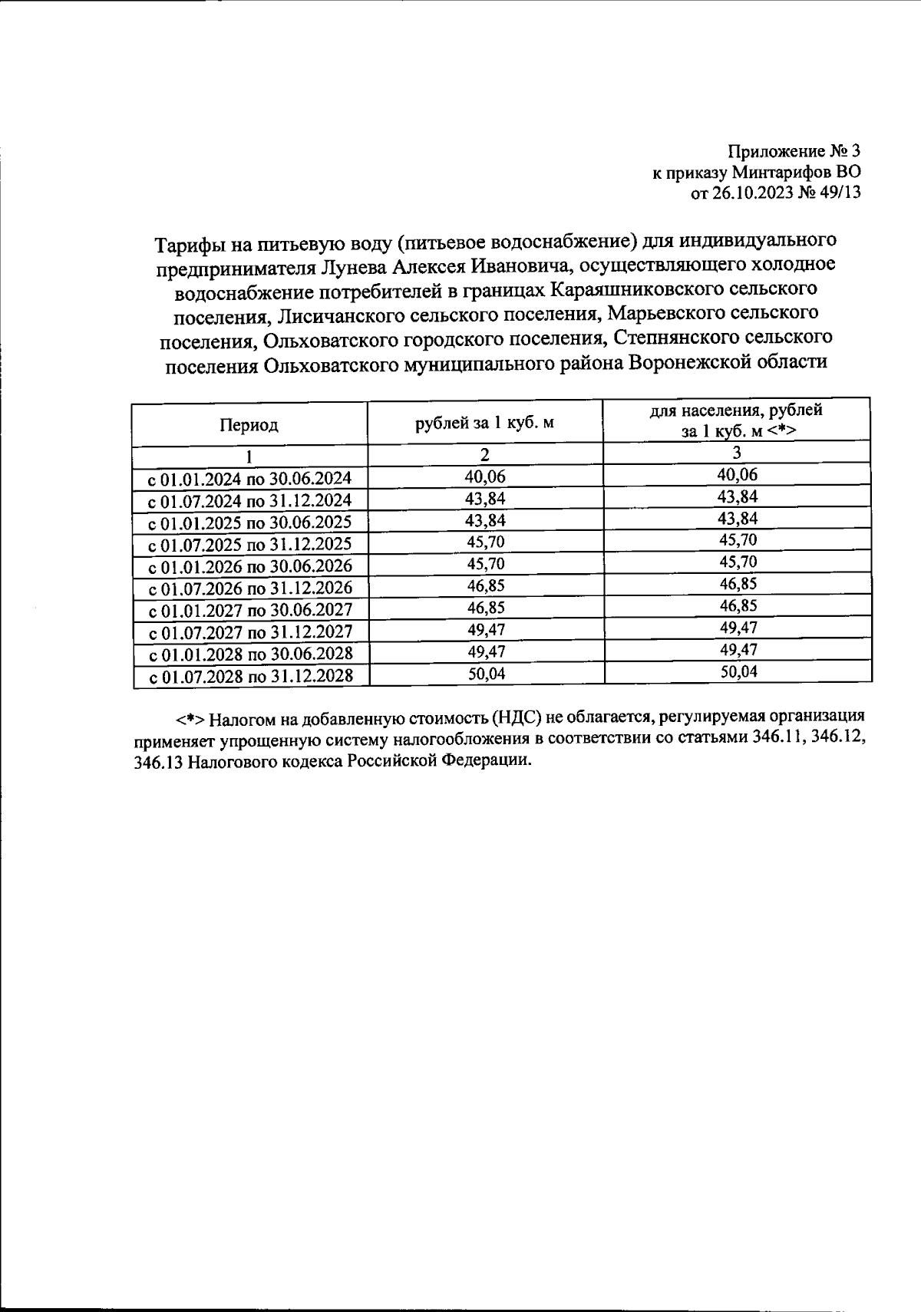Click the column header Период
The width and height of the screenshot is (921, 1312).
tap(249, 424)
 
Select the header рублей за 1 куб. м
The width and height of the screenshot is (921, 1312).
tap(484, 423)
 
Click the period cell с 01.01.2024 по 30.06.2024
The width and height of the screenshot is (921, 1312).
tap(249, 479)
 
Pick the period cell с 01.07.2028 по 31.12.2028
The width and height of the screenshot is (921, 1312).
tap(250, 677)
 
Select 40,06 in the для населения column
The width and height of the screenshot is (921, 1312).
tap(737, 475)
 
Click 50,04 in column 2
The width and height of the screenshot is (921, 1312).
tap(485, 674)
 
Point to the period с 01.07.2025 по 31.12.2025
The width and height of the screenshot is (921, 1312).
tap(249, 545)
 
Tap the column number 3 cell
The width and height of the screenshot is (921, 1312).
tap(737, 453)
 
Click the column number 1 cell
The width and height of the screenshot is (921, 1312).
tap(249, 456)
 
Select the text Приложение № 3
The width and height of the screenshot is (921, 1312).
tap(794, 150)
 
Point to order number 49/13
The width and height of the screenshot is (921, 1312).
tap(840, 193)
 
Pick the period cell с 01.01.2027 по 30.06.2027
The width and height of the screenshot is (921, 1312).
tap(249, 611)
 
